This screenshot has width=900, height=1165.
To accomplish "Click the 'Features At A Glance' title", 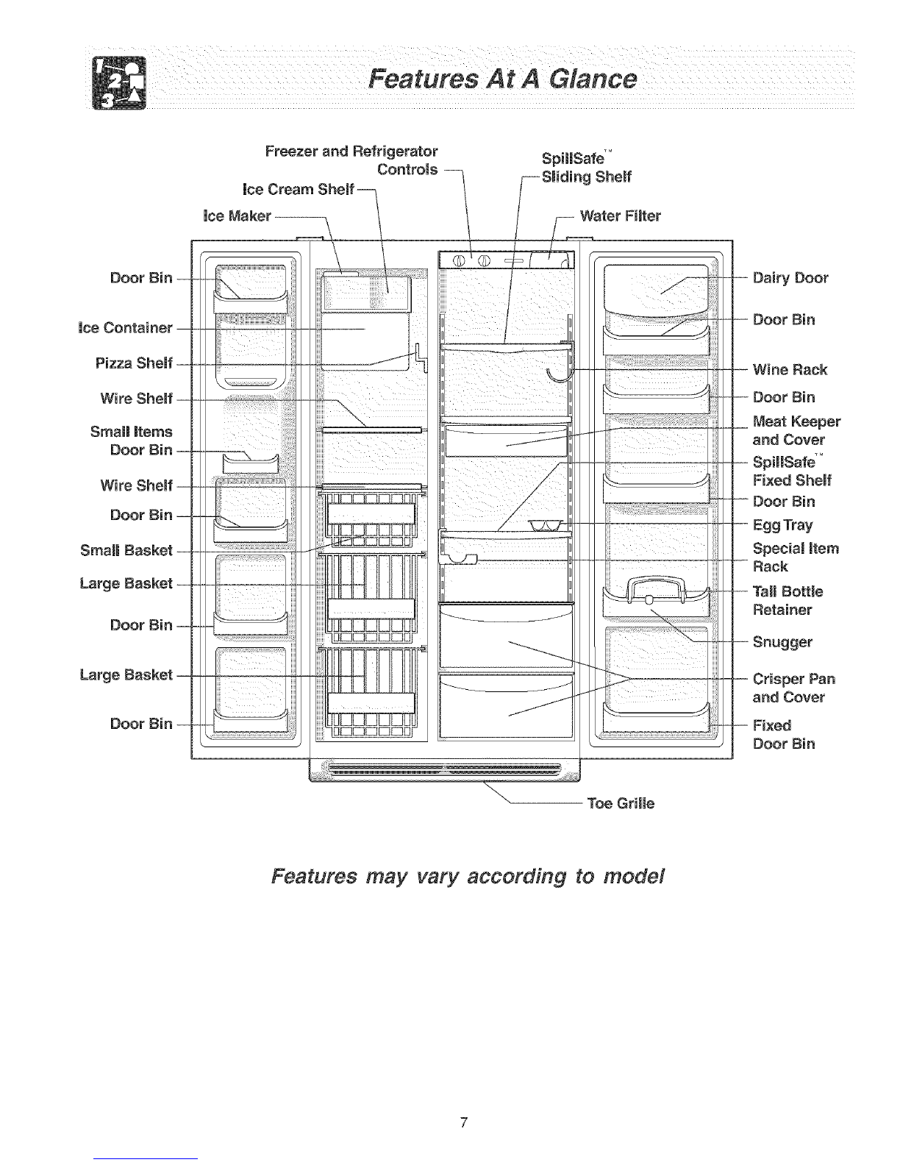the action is coord(502,79).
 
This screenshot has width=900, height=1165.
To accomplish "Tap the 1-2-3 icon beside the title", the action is coord(119,83).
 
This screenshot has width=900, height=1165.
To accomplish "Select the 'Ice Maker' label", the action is coord(237,216).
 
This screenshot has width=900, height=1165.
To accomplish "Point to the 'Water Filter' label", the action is coord(620,216).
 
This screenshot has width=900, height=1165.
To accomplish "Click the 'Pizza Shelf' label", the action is coord(134,363).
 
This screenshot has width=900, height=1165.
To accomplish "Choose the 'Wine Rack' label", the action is coord(790,369).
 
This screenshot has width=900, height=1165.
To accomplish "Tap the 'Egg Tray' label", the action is coord(782,525).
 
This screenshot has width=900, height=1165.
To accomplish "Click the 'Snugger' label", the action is coord(782,642).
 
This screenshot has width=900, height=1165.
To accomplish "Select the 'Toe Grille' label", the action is coord(621,803).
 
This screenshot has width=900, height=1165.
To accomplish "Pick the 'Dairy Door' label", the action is coord(790,278).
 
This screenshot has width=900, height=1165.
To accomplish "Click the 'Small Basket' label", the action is coord(126,550).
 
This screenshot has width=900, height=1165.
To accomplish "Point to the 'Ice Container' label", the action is coord(126,327).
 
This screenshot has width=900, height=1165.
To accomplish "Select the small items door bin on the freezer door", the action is coord(251,464).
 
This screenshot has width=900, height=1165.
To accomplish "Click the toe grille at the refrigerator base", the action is coord(445,770).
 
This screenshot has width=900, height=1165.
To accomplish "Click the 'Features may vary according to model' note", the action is coord(468,877).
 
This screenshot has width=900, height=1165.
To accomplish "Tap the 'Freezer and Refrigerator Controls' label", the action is coord(351,160).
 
